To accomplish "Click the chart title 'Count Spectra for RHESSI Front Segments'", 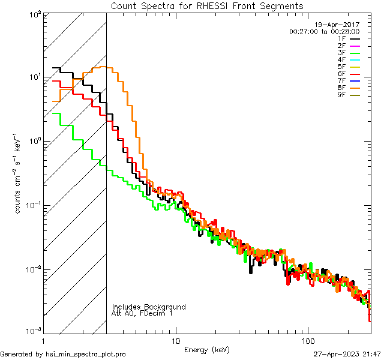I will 207,6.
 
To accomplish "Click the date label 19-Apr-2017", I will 337,25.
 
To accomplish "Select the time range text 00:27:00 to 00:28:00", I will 324,31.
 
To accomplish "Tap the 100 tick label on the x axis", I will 307,341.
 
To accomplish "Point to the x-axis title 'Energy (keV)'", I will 207,349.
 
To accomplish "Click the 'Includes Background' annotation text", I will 149,307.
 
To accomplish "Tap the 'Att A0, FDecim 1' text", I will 142,313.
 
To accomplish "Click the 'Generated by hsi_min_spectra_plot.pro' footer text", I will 63,354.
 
